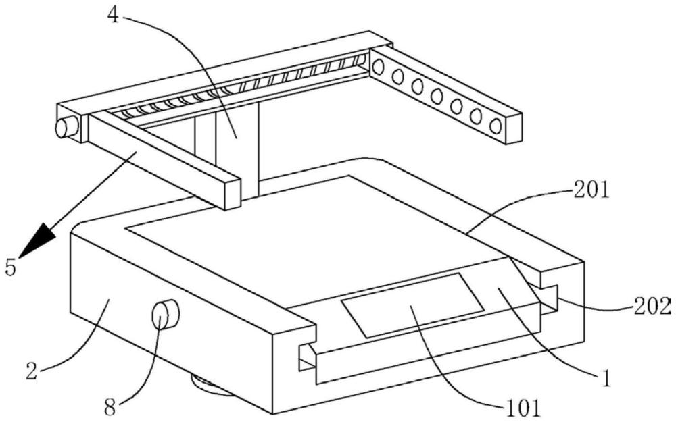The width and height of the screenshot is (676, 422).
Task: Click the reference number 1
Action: [x=606, y=379]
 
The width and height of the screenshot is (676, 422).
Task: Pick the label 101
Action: [x=521, y=407]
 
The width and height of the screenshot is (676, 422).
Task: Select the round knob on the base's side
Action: [x=165, y=315]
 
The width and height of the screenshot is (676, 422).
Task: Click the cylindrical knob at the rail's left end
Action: [x=66, y=128]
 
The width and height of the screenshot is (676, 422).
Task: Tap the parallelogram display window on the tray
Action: [x=412, y=305]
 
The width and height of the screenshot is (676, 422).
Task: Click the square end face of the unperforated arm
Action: [x=233, y=194]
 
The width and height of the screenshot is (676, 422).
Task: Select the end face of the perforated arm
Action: [x=514, y=129]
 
